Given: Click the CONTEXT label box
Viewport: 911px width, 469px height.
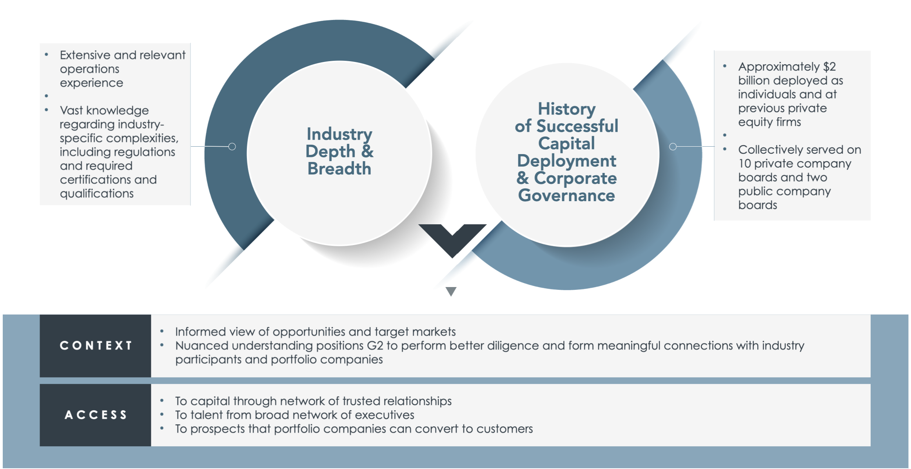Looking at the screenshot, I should coord(95,345).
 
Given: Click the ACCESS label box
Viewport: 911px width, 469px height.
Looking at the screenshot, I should coord(95,415).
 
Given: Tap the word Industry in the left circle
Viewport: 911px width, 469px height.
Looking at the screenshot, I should coord(339,134).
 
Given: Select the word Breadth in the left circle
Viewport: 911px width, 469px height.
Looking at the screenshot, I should coord(339,169).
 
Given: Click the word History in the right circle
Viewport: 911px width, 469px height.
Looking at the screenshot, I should coord(566,109).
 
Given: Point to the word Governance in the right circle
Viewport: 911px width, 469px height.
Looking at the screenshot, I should coord(566,195).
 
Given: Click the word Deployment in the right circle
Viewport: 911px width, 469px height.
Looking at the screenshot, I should coord(566,161).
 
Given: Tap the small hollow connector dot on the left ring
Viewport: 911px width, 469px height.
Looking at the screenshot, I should coord(232,147).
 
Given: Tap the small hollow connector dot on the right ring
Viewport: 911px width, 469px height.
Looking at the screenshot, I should coord(673,147).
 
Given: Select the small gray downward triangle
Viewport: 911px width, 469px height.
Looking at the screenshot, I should coord(451,291).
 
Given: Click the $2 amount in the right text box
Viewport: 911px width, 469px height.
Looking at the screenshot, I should coord(829,67).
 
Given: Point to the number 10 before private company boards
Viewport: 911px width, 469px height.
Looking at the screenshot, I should coord(744,164).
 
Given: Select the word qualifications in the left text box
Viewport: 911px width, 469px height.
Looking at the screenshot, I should coord(97,193).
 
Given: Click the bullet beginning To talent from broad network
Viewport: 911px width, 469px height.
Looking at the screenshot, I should coord(294,415).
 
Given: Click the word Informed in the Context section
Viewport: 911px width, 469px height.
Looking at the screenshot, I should coord(200,332).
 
